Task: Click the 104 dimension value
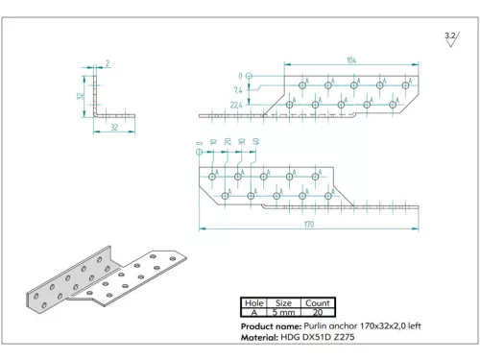click(x=352, y=60)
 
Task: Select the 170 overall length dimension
click(x=308, y=225)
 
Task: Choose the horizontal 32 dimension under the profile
click(x=113, y=126)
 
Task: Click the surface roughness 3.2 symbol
click(x=450, y=37)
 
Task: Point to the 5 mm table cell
click(x=284, y=312)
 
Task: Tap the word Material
click(x=258, y=338)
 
